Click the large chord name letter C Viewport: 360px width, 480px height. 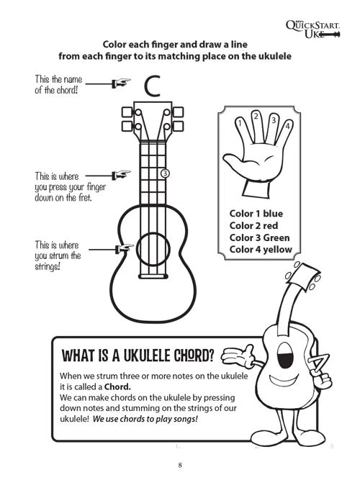(151, 86)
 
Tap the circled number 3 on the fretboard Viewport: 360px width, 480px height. (165, 173)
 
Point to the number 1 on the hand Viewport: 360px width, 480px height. (240, 124)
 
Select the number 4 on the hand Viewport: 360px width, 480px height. (287, 127)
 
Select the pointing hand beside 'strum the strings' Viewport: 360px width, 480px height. (124, 248)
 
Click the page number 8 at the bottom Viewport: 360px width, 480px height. (180, 463)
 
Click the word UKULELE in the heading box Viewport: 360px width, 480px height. (143, 354)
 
